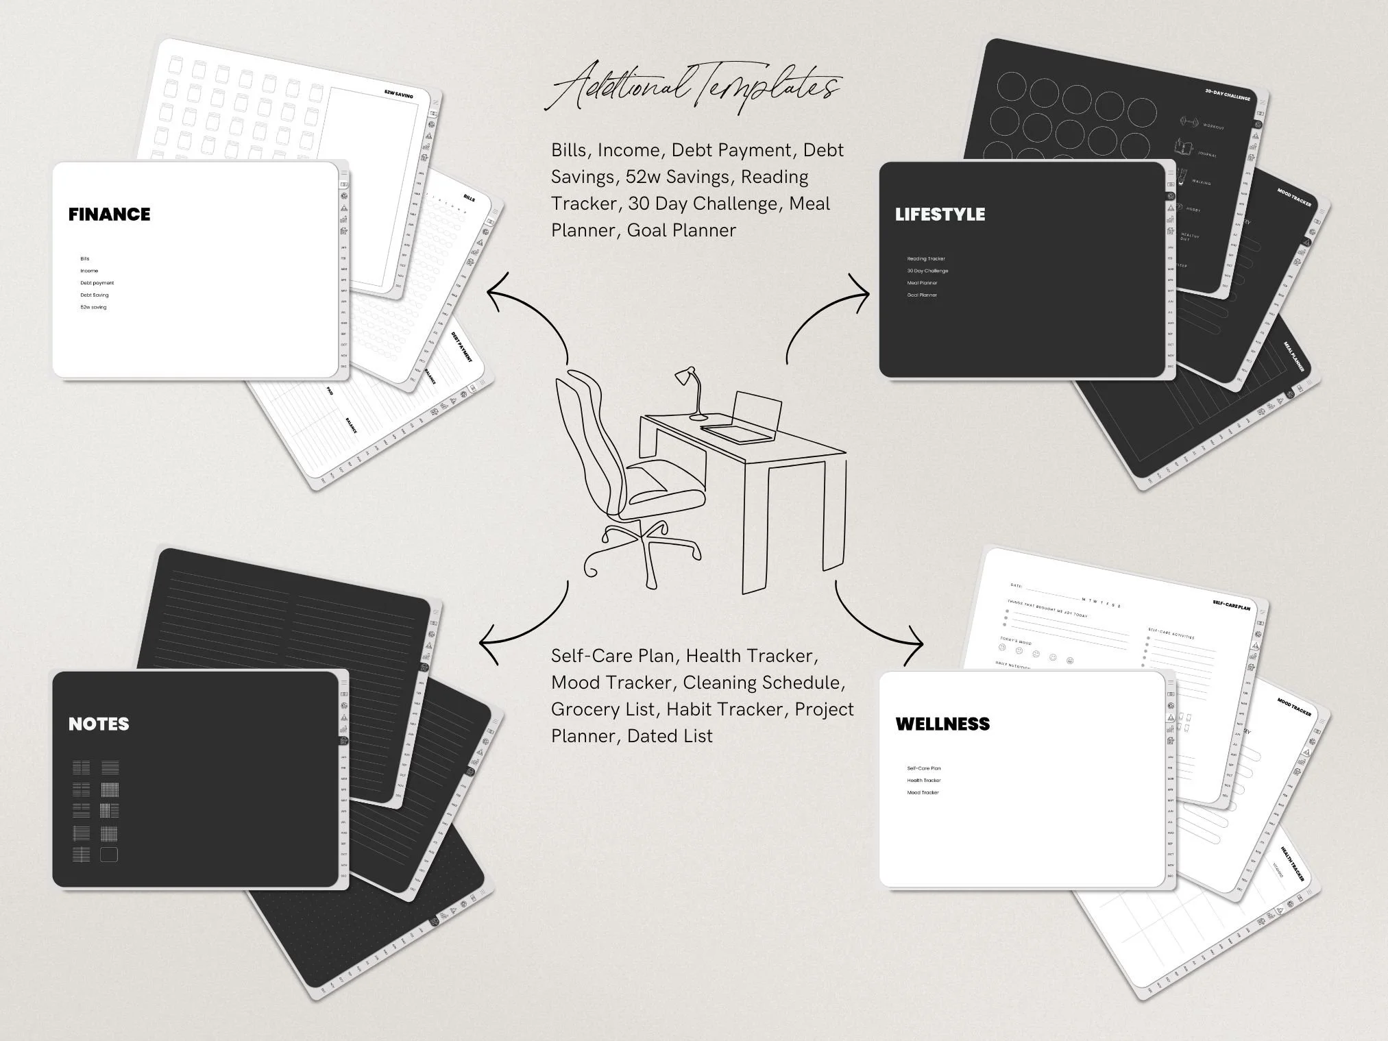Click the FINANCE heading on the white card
tap(109, 215)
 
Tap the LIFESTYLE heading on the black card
tap(940, 215)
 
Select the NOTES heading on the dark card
tap(99, 724)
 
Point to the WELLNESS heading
tap(942, 724)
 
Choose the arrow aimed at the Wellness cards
tap(877, 624)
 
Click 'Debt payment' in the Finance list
tap(97, 283)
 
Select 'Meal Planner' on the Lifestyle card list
tap(922, 283)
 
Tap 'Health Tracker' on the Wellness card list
tap(924, 781)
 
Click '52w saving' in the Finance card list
tap(93, 307)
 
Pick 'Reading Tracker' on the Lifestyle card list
tap(926, 259)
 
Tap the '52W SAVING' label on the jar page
tap(399, 95)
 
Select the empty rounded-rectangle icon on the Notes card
tap(109, 855)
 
